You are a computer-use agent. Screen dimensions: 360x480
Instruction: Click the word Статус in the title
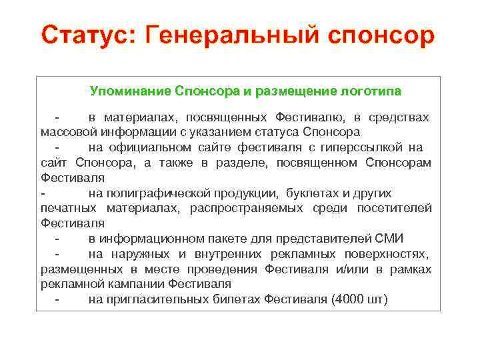(85, 35)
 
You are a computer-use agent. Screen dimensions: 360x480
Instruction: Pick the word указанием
(219, 131)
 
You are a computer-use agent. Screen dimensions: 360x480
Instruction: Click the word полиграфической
(158, 193)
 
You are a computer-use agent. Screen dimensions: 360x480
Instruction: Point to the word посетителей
(396, 209)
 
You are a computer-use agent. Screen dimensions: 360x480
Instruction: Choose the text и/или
(355, 269)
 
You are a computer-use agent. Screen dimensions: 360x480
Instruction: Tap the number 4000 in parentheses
(349, 299)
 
